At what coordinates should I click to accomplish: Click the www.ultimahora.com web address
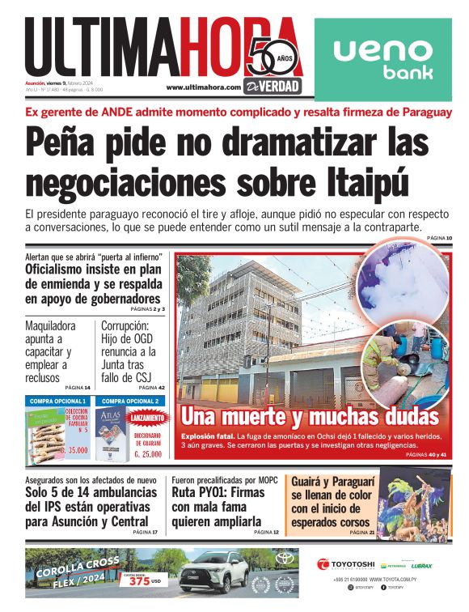coord(204,87)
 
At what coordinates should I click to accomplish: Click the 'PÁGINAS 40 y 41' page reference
coord(426,456)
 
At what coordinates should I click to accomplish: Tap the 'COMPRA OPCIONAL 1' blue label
coord(57,401)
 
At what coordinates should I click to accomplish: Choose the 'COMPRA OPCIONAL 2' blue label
coord(130,401)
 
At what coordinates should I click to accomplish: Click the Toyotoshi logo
coord(346,564)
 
